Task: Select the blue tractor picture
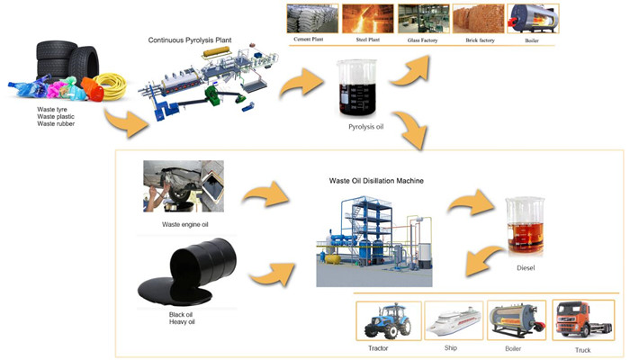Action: click(x=388, y=319)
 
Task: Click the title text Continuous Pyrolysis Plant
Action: click(x=189, y=40)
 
